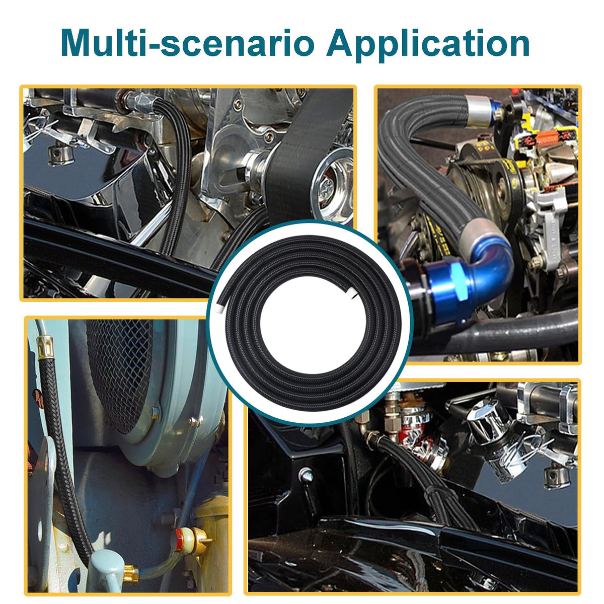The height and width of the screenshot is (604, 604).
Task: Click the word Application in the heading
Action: (428, 44)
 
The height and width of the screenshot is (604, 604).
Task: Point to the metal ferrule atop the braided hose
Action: (44, 347)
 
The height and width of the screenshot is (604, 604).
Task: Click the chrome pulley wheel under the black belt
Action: (332, 185)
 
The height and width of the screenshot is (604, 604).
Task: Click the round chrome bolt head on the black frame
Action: (305, 474)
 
